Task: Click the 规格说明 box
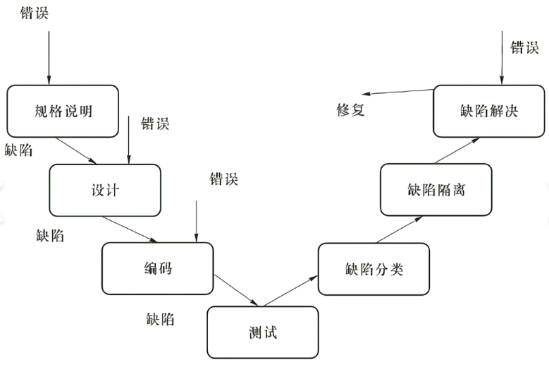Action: [x=63, y=111]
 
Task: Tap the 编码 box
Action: [x=156, y=268]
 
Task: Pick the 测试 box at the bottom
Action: [x=262, y=332]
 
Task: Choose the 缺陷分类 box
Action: [x=374, y=269]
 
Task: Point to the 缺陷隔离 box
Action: [x=436, y=189]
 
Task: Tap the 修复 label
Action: [x=350, y=109]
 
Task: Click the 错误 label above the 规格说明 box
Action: [x=35, y=13]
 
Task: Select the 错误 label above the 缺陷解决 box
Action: [x=525, y=48]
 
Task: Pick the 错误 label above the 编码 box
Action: [x=224, y=179]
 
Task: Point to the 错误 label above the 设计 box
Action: [x=155, y=124]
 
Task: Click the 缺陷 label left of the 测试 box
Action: [x=161, y=319]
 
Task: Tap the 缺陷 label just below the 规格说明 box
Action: [x=19, y=150]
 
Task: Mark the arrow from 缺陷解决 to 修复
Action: [x=398, y=93]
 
